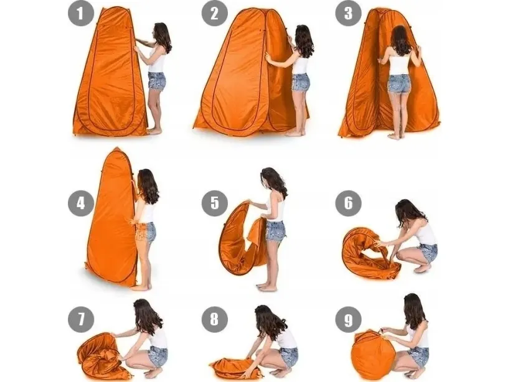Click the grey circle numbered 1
tap(81, 13)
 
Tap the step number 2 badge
tap(214, 13)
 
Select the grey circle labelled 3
tap(348, 13)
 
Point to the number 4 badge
tap(81, 203)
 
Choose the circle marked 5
tap(214, 203)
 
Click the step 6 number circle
tap(348, 203)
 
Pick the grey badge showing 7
tap(81, 320)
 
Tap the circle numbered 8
tap(214, 320)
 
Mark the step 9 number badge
tap(348, 320)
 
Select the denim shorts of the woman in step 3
tap(399, 83)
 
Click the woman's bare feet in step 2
tap(295, 132)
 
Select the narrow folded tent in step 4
tap(112, 218)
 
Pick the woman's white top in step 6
tap(425, 232)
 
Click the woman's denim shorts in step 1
tap(157, 82)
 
